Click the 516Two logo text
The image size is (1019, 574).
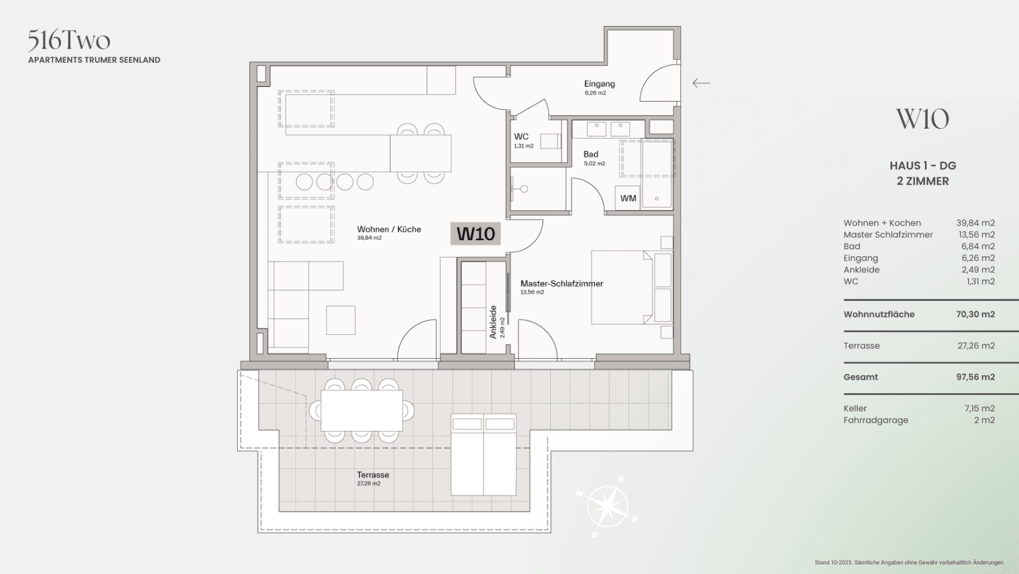[x=69, y=40]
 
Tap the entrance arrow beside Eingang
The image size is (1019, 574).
[x=701, y=83]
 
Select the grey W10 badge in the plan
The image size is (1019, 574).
[x=476, y=233]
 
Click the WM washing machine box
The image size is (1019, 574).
[x=628, y=198]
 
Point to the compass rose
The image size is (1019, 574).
[x=607, y=505]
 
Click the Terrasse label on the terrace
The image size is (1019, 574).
[x=373, y=475]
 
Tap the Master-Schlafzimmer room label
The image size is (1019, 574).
[x=562, y=283]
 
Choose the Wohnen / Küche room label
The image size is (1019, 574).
[x=389, y=229]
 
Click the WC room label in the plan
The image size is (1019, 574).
[x=521, y=137]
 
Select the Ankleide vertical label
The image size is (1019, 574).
[x=493, y=322]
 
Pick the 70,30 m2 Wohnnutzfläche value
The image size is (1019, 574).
[x=975, y=314]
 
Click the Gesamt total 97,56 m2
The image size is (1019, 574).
[x=975, y=377]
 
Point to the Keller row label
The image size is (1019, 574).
[x=855, y=409]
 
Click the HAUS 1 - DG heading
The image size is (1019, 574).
[x=923, y=166]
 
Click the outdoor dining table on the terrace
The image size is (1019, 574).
[x=361, y=411]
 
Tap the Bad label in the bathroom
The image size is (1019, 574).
[x=590, y=154]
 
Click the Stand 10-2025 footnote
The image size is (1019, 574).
[x=909, y=563]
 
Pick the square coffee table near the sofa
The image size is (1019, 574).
[x=341, y=320]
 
